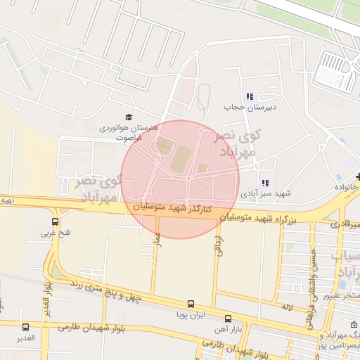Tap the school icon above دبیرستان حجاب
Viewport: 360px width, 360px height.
(x=249, y=96)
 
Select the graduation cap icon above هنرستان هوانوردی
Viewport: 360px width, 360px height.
(x=128, y=117)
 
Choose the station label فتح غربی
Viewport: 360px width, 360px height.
(x=54, y=232)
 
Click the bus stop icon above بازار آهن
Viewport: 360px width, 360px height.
(x=228, y=319)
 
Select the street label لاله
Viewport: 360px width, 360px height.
(x=286, y=307)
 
